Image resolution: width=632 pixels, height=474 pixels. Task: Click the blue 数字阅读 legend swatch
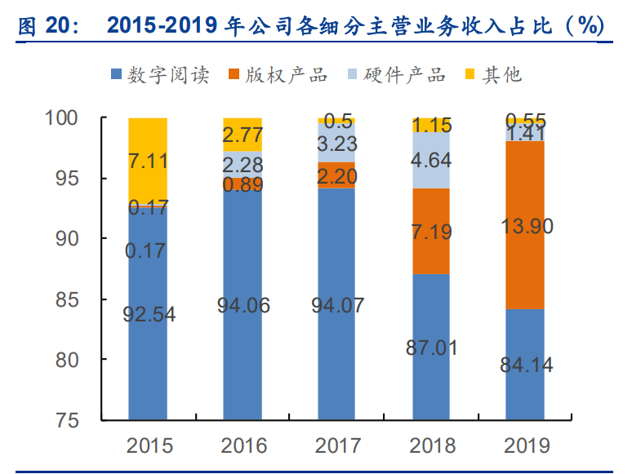pyautogui.click(x=117, y=75)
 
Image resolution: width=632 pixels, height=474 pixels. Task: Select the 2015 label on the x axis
pyautogui.click(x=149, y=445)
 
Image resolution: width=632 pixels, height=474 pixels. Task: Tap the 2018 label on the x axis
pyautogui.click(x=431, y=445)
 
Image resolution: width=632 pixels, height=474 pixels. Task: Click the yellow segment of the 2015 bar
pyautogui.click(x=148, y=161)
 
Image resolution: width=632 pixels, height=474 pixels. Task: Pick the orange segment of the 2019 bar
pyautogui.click(x=525, y=225)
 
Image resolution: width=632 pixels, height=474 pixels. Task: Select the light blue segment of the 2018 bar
pyautogui.click(x=431, y=160)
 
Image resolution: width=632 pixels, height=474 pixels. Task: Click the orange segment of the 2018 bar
pyautogui.click(x=431, y=231)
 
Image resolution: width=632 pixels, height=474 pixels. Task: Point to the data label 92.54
pyautogui.click(x=149, y=313)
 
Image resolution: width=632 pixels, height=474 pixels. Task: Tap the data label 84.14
pyautogui.click(x=525, y=365)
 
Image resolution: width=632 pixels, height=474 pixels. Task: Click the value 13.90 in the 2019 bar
pyautogui.click(x=525, y=226)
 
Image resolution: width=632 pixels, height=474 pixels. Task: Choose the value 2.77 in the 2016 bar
pyautogui.click(x=243, y=135)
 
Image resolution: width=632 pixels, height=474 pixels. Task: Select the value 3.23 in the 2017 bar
pyautogui.click(x=337, y=146)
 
